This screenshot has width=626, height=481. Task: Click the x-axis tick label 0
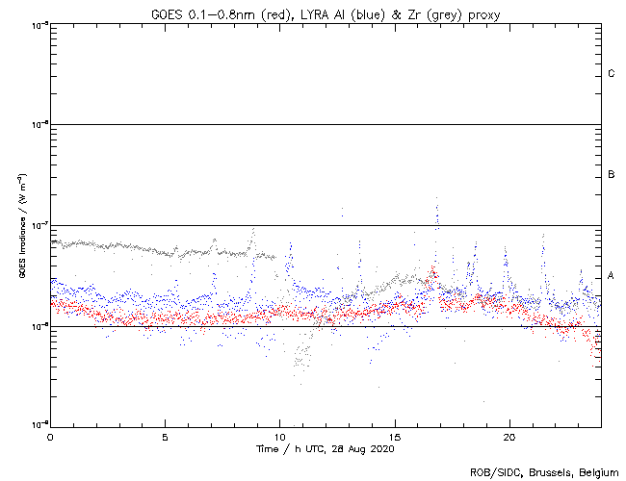(50, 436)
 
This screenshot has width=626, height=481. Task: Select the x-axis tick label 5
(165, 436)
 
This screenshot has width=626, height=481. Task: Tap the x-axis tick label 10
(279, 436)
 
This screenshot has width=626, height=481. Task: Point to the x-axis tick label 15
(395, 436)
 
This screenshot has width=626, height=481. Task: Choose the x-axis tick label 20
(509, 436)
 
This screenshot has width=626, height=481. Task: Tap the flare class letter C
(612, 74)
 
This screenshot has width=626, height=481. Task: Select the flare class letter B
(612, 175)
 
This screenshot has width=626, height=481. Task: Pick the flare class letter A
(612, 276)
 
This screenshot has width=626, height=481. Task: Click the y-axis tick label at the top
(37, 23)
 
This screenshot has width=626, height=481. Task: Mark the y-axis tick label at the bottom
(37, 425)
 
